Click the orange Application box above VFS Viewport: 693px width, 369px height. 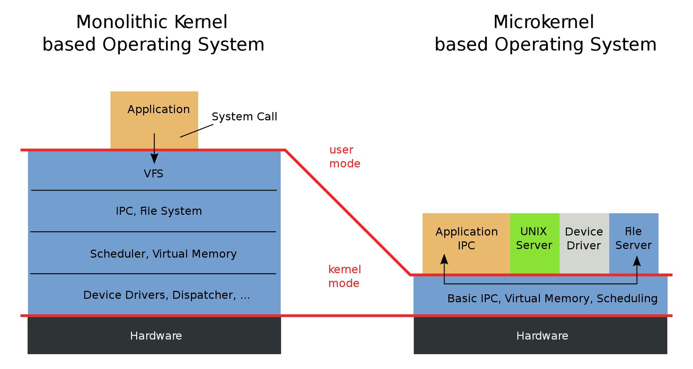pos(154,119)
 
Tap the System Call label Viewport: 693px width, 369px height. pos(244,116)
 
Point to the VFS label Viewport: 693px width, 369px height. pos(153,174)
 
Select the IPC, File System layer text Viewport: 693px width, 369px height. pos(159,211)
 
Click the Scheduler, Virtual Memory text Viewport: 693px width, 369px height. pos(163,254)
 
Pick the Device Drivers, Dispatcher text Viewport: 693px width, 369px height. pos(166,295)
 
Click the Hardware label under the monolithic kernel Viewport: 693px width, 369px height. pos(156,335)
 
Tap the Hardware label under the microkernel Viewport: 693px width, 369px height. pos(542,335)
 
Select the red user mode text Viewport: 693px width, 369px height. pos(344,156)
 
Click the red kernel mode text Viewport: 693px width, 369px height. pos(344,276)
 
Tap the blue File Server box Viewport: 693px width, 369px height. pos(633,238)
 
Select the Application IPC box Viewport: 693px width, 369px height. pos(466,238)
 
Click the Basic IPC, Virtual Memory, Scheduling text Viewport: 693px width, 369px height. pos(552,298)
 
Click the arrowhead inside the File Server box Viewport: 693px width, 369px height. pos(637,261)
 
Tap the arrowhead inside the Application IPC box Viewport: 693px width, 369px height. pos(444,259)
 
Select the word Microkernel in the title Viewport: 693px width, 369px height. pos(543,22)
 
